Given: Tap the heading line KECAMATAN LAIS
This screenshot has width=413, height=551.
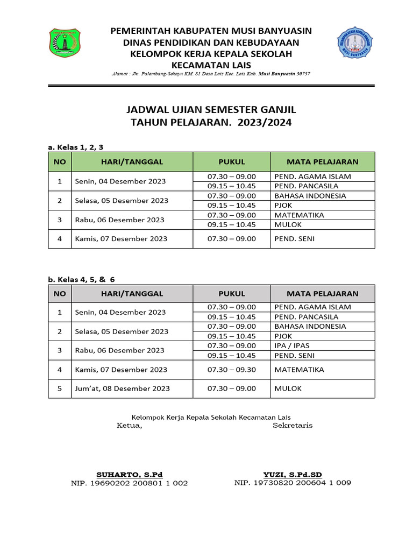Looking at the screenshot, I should (x=211, y=65).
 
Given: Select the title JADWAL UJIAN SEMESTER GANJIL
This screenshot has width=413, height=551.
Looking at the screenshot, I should (x=211, y=110).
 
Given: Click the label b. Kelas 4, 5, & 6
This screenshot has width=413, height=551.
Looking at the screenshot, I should (x=82, y=279).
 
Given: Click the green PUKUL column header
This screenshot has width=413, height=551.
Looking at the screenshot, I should (x=232, y=161).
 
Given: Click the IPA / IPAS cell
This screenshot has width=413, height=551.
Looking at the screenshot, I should (x=292, y=345).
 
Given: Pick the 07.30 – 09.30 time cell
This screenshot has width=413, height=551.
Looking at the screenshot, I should (x=232, y=370).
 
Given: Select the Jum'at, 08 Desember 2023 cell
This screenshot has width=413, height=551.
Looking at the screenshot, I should (x=123, y=388).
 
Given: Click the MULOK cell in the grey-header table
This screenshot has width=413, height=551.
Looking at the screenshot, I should (x=288, y=388).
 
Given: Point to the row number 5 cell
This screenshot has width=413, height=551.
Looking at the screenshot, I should (x=60, y=388).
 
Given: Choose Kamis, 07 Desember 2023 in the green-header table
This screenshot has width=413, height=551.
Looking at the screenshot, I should (x=122, y=239).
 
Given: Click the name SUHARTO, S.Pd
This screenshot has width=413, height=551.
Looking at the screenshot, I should (x=129, y=475).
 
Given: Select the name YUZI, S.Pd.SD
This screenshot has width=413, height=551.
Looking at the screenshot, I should (x=293, y=474).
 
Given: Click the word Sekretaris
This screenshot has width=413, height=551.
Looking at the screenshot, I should (x=293, y=425).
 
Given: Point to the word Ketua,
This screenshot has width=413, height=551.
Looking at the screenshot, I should (x=130, y=426).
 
